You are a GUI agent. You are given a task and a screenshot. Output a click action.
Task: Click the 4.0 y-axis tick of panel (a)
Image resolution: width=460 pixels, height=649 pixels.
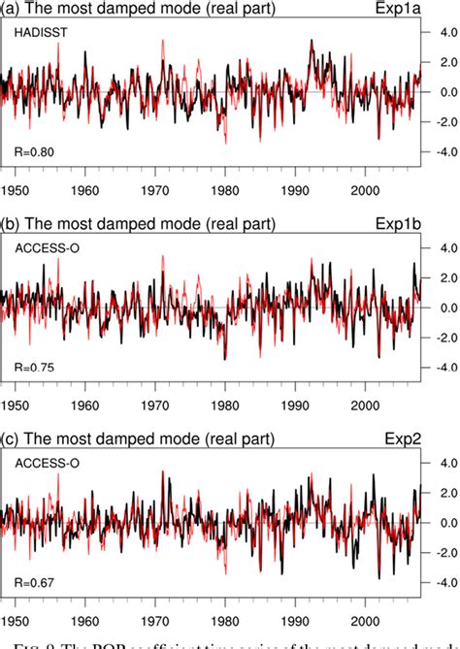coord(444,32)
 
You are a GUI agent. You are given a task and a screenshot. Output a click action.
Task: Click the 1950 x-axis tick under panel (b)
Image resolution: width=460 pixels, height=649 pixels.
coord(16,405)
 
